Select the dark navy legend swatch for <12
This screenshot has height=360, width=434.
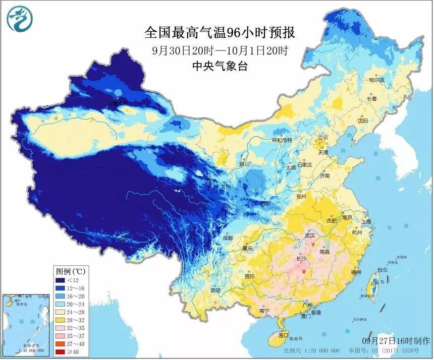click(63, 281)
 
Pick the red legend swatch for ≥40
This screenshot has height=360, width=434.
click(63, 350)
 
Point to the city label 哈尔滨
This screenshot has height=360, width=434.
click(376, 80)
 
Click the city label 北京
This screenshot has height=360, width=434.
click(322, 137)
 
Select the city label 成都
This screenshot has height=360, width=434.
click(227, 237)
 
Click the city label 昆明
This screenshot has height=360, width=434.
click(215, 291)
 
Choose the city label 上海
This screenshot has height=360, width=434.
click(366, 221)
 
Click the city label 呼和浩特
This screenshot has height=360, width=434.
click(282, 140)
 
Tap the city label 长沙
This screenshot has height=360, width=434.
click(301, 259)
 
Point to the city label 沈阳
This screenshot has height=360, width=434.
click(363, 121)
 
